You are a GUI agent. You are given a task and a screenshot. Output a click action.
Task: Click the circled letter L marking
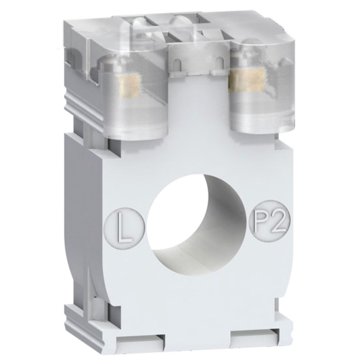click(x=125, y=225)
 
